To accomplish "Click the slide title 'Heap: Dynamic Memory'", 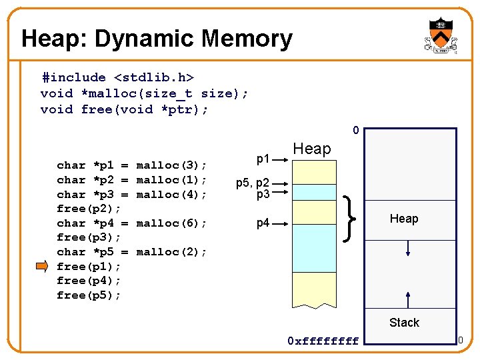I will click(x=157, y=39).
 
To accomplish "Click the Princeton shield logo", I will click(x=441, y=36).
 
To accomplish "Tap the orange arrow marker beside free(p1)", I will click(x=42, y=267).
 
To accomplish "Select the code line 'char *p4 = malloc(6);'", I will click(x=131, y=223).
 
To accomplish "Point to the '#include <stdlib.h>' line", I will click(x=117, y=77).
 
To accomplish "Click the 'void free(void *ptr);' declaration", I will click(x=124, y=109).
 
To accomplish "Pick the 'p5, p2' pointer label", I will click(x=252, y=183).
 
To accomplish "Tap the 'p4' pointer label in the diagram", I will click(x=263, y=223).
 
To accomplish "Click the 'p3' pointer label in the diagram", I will click(x=263, y=194).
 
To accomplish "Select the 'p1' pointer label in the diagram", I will click(x=263, y=159).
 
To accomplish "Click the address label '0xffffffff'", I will click(x=323, y=341).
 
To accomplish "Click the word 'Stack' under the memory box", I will click(x=404, y=323).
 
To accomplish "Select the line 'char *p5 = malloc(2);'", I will click(x=131, y=252).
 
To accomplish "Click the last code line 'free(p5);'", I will click(x=89, y=295).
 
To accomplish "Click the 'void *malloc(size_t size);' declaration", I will click(x=144, y=93).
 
